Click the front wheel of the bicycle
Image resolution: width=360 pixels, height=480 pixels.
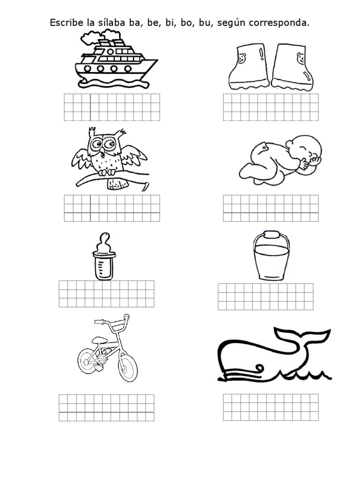127,367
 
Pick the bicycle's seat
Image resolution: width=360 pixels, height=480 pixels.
99,340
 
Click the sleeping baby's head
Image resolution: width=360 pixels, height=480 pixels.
307,150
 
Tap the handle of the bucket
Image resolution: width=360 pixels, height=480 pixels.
271,234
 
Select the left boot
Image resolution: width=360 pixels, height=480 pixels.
248,67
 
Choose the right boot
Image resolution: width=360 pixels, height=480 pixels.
290,67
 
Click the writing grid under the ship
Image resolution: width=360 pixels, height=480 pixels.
112,107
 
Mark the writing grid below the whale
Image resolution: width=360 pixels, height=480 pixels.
270,407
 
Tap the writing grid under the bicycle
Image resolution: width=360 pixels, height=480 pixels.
106,407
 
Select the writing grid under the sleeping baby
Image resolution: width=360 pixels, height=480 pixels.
270,208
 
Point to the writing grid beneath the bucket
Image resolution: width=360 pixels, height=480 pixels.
265,296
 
